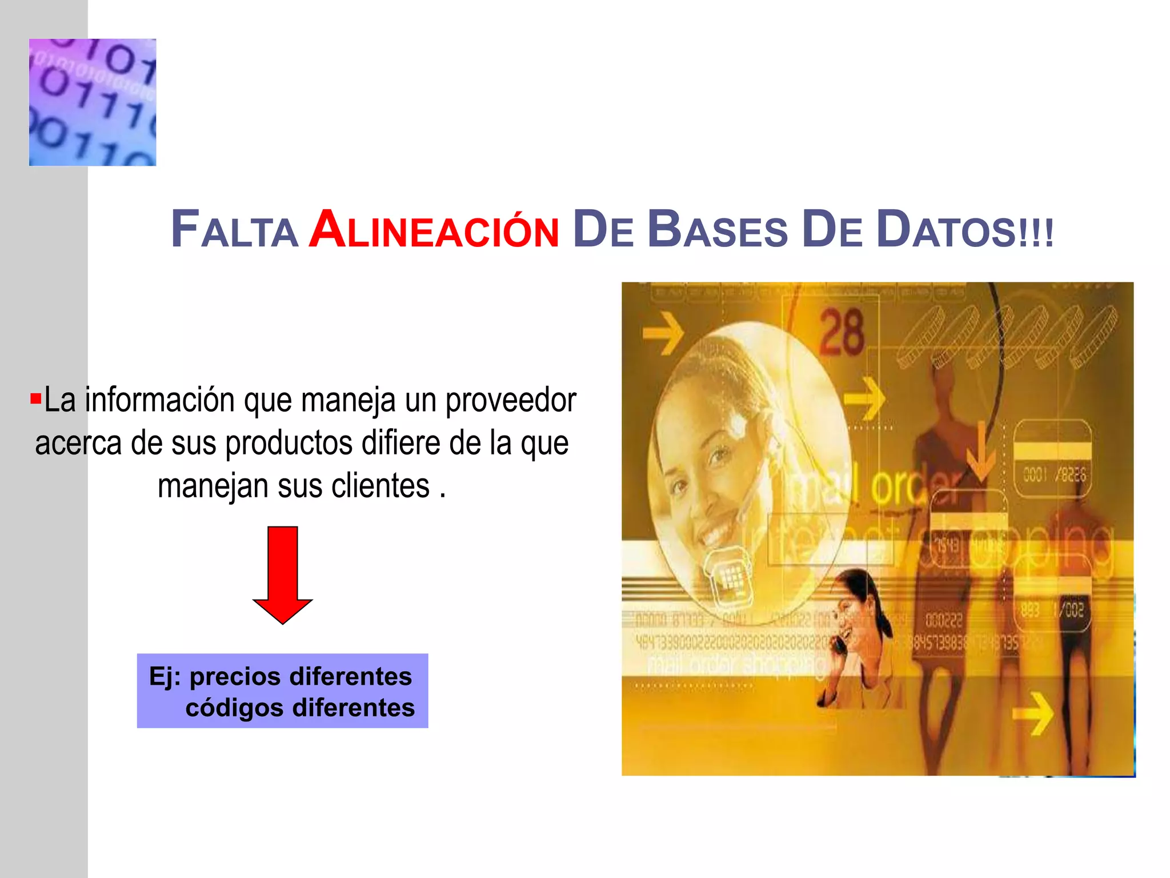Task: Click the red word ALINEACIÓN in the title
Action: coord(434,230)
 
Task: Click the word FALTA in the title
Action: coord(234,230)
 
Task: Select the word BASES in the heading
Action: coord(717,230)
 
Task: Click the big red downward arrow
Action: coord(283,574)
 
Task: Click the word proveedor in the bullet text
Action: coord(511,400)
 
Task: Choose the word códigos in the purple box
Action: coord(234,708)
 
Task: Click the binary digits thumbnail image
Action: coord(93,102)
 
